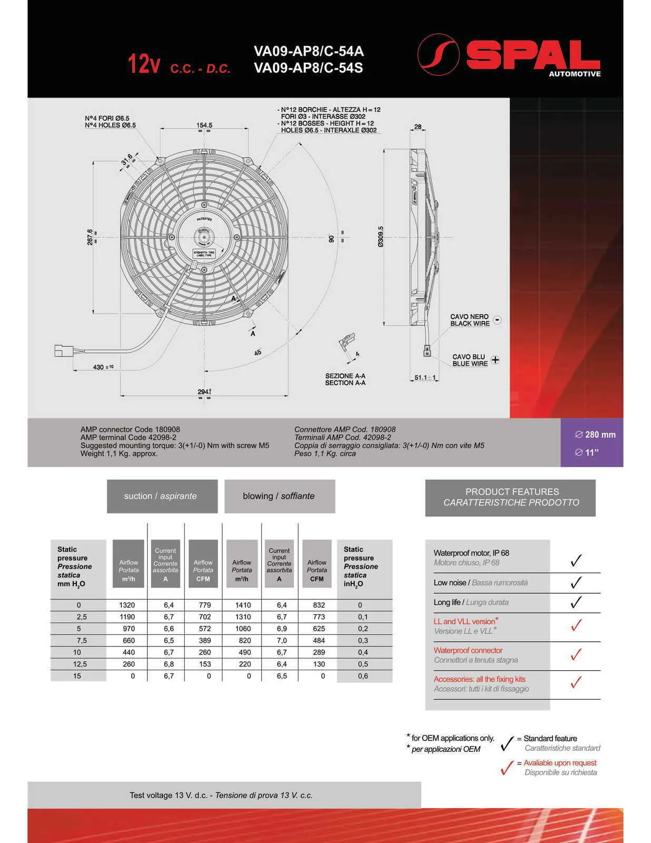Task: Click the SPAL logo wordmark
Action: (x=532, y=55)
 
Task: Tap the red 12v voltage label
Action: (x=143, y=64)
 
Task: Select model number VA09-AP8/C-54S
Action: (x=308, y=68)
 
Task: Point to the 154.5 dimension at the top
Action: (x=204, y=125)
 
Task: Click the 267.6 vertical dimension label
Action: (x=90, y=237)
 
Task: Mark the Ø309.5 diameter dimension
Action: (x=380, y=237)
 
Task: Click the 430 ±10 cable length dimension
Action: (x=103, y=367)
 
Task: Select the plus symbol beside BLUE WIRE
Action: (x=495, y=360)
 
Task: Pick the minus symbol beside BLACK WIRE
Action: (x=497, y=320)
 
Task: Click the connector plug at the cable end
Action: (x=64, y=350)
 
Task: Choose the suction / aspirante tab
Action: (x=162, y=496)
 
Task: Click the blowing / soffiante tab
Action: (x=279, y=496)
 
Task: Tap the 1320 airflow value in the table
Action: (x=127, y=605)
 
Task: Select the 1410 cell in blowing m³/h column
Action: (x=243, y=605)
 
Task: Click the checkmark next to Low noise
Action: (x=576, y=582)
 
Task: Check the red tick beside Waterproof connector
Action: (x=576, y=654)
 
